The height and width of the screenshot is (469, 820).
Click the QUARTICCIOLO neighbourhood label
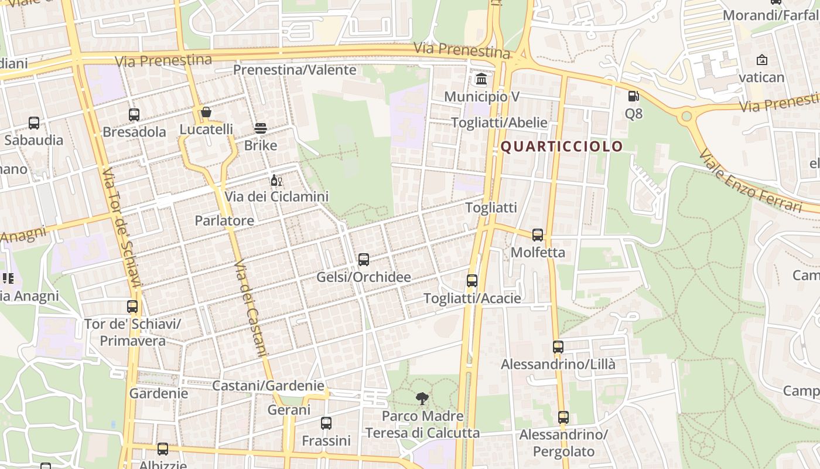coord(561,147)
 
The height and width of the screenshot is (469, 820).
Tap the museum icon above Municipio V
coord(481,79)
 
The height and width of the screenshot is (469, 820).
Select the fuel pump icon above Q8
coord(633,96)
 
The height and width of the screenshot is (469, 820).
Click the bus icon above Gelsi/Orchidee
coord(364,259)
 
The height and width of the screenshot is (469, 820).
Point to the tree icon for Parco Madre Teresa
coord(422,399)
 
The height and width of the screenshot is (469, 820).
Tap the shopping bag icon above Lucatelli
coord(206,112)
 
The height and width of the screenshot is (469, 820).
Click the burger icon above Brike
coord(261,128)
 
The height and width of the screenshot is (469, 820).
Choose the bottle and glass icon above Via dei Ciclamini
coord(276,180)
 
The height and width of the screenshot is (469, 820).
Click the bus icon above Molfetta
coord(538,235)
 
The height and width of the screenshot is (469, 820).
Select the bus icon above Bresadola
coord(134,115)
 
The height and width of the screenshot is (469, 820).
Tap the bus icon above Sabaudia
coord(34,123)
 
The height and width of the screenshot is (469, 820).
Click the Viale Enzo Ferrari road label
coord(750,182)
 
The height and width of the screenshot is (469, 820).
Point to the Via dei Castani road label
coord(250,308)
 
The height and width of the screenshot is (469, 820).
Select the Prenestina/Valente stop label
coord(295,70)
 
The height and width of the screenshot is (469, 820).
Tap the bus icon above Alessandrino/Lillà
coord(558,347)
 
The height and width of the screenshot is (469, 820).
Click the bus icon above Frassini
coord(326,423)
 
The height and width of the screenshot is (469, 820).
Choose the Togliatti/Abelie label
coord(499,123)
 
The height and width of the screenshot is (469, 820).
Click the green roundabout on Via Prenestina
coord(686,116)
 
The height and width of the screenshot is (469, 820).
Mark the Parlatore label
coord(224,221)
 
